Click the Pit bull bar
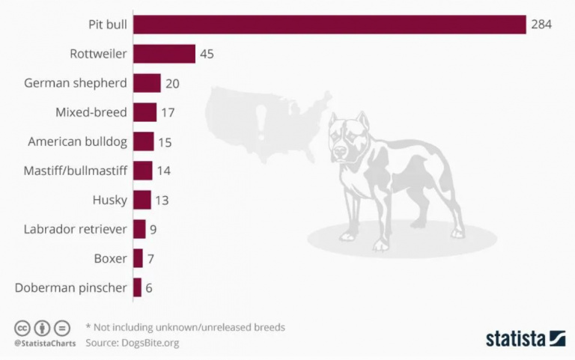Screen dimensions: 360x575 329,25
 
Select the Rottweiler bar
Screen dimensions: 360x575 164,54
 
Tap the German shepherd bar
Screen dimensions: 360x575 147,83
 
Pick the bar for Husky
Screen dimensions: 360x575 142,200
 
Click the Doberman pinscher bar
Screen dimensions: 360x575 137,287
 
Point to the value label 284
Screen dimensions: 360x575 541,25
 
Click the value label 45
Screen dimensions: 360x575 207,54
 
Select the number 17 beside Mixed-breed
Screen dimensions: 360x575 168,112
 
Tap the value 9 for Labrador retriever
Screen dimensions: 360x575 153,229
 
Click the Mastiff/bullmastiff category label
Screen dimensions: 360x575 75,171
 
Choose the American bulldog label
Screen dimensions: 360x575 77,141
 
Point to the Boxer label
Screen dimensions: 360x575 110,258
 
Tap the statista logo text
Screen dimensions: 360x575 515,338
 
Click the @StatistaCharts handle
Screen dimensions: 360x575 44,344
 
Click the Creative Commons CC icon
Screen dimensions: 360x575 22,328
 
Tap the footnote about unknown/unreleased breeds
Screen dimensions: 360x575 185,327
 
